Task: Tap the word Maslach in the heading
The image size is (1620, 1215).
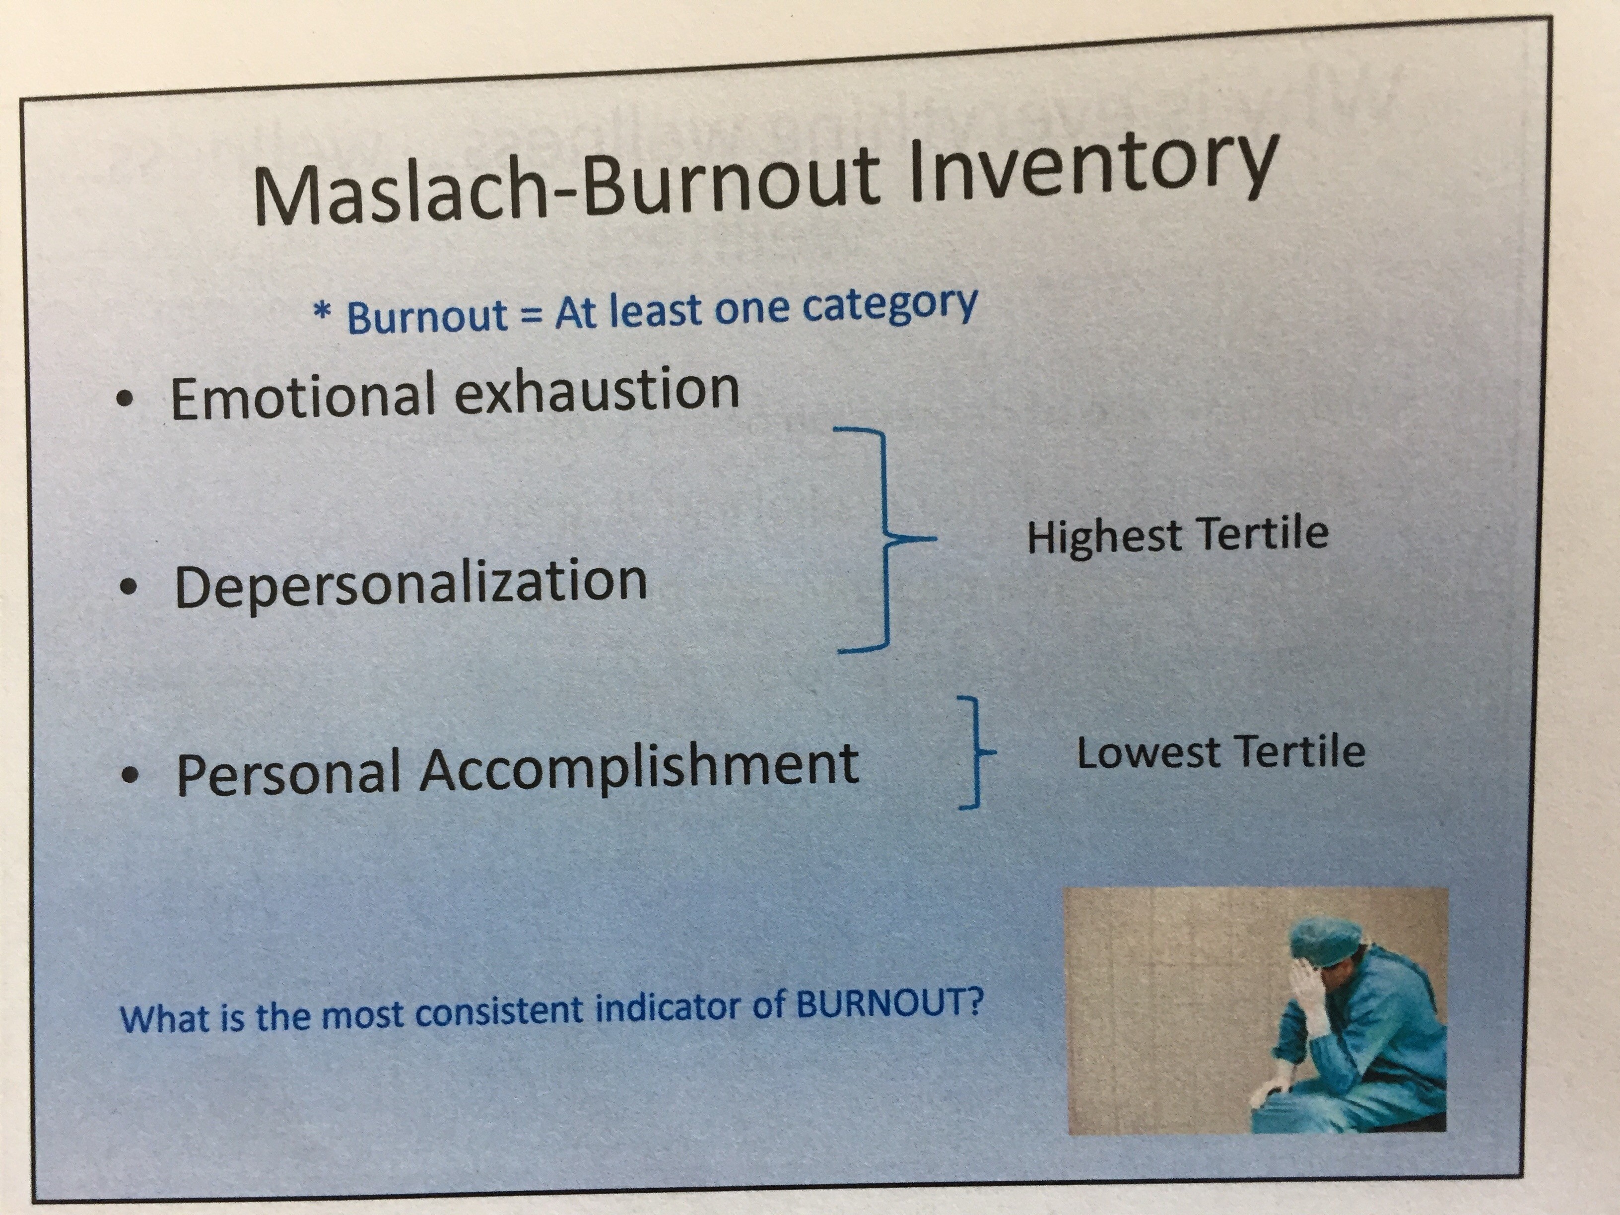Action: coord(399,196)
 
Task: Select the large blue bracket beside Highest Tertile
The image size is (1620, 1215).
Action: coord(886,539)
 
